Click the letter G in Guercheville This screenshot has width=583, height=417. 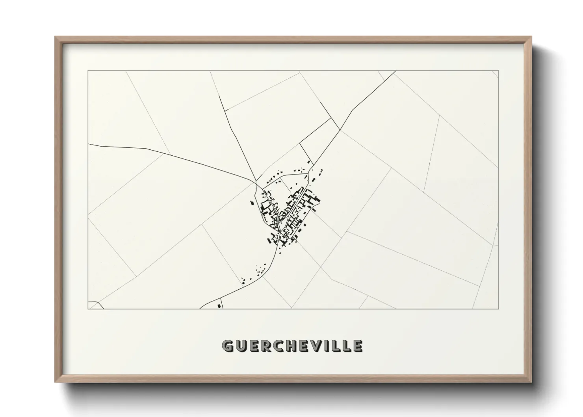point(228,346)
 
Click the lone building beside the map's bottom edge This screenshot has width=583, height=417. point(219,305)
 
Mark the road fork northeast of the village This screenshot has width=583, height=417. point(340,130)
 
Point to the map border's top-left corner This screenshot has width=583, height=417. point(88,71)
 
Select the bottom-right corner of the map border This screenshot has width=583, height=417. point(499,309)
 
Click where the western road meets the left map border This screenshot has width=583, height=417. point(89,144)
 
